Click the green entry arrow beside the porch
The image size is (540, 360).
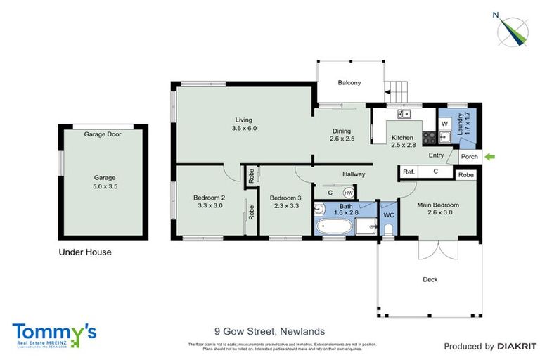tap(489, 156)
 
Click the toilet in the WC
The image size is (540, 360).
tap(389, 229)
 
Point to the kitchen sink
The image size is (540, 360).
tap(404, 113)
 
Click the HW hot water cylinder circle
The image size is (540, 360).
tap(348, 192)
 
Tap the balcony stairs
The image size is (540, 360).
tap(397, 91)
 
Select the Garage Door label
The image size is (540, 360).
tap(103, 134)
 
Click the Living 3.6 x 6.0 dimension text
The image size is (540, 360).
tap(244, 129)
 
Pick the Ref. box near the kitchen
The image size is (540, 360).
tap(409, 171)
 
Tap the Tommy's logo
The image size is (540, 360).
tap(54, 335)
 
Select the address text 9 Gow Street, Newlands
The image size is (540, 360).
tap(269, 330)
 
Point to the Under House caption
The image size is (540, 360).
tap(84, 252)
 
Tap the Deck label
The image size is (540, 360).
tap(430, 279)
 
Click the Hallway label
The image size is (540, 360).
tap(354, 174)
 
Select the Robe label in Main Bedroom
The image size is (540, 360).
tap(465, 175)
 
